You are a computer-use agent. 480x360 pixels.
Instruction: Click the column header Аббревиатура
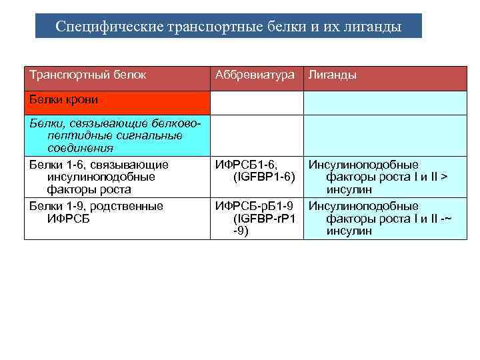(254, 75)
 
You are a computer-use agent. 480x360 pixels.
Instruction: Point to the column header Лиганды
(331, 75)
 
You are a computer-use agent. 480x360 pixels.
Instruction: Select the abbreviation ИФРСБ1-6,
(245, 165)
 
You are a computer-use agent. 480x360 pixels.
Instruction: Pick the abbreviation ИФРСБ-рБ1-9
(254, 206)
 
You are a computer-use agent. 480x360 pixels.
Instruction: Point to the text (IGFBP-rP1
(263, 219)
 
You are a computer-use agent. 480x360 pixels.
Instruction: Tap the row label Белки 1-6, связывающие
(99, 165)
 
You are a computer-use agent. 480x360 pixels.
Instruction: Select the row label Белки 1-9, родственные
(96, 206)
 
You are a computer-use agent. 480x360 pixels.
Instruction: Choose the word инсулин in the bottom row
(349, 231)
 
